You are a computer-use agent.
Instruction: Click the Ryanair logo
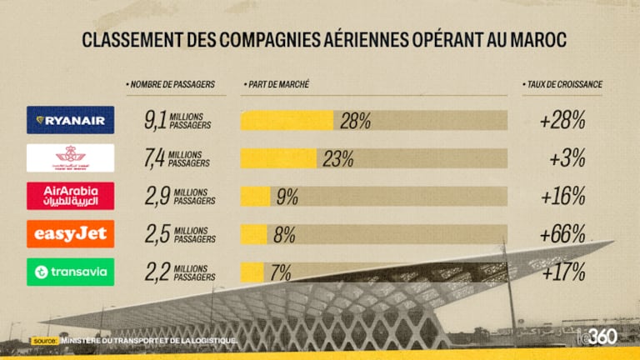click(x=70, y=120)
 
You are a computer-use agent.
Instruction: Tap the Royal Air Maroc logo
click(x=70, y=158)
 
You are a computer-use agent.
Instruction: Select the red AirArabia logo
click(x=70, y=196)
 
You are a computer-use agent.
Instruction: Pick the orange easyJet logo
click(x=70, y=234)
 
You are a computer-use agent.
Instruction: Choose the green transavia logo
click(x=70, y=272)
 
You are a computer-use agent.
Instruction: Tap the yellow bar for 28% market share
click(x=287, y=121)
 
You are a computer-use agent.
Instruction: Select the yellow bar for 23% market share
click(x=278, y=158)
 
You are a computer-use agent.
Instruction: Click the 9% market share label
click(x=287, y=197)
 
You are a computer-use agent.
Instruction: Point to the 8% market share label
click(x=284, y=234)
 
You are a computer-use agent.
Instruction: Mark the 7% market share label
click(x=280, y=272)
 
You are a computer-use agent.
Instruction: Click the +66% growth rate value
click(x=562, y=234)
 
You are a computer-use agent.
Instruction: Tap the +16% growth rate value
click(x=562, y=197)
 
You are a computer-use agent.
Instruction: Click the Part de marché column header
click(x=277, y=85)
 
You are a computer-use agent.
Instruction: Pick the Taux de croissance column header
click(x=562, y=85)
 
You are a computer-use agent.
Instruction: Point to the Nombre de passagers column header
click(x=170, y=85)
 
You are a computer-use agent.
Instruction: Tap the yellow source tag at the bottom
click(x=44, y=341)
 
